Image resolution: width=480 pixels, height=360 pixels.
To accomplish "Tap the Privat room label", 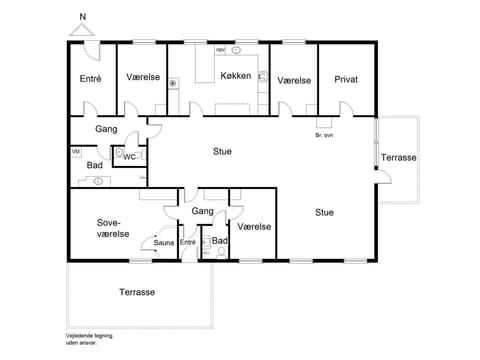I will [x=346, y=79].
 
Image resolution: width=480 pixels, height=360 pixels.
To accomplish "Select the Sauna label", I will [x=164, y=241].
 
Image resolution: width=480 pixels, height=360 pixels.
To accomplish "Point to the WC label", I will [x=129, y=156].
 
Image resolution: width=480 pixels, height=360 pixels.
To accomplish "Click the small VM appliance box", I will [x=75, y=151].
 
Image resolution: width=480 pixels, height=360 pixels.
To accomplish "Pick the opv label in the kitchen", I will [x=220, y=48].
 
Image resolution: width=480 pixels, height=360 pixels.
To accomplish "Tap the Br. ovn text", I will [x=324, y=135].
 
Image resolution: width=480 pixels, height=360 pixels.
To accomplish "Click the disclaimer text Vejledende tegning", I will [x=89, y=335].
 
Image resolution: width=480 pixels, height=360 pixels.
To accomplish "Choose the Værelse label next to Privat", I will [x=294, y=79].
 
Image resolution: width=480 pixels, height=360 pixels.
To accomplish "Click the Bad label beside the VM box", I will [x=94, y=165].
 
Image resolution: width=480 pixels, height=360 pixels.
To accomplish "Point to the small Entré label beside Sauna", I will [x=188, y=241].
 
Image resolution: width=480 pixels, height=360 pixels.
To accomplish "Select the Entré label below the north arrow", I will [x=91, y=78].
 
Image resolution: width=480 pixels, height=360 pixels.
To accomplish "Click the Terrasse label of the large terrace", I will [x=137, y=292].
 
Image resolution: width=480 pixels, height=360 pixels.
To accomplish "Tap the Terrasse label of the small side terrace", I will [x=399, y=158].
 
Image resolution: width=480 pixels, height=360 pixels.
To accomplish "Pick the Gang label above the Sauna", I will [x=204, y=211].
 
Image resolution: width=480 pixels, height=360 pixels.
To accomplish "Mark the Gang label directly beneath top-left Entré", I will [x=107, y=129].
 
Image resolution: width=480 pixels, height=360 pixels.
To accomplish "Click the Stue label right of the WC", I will [x=222, y=152].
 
